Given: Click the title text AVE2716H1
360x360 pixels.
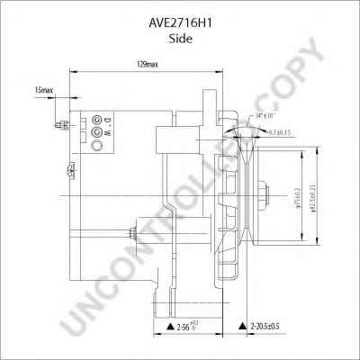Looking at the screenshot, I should (180, 15).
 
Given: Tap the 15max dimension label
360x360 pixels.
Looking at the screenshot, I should (43, 91).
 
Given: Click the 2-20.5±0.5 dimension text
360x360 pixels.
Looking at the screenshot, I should (269, 326).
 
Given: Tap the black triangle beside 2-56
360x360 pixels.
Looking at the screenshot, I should (168, 326).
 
